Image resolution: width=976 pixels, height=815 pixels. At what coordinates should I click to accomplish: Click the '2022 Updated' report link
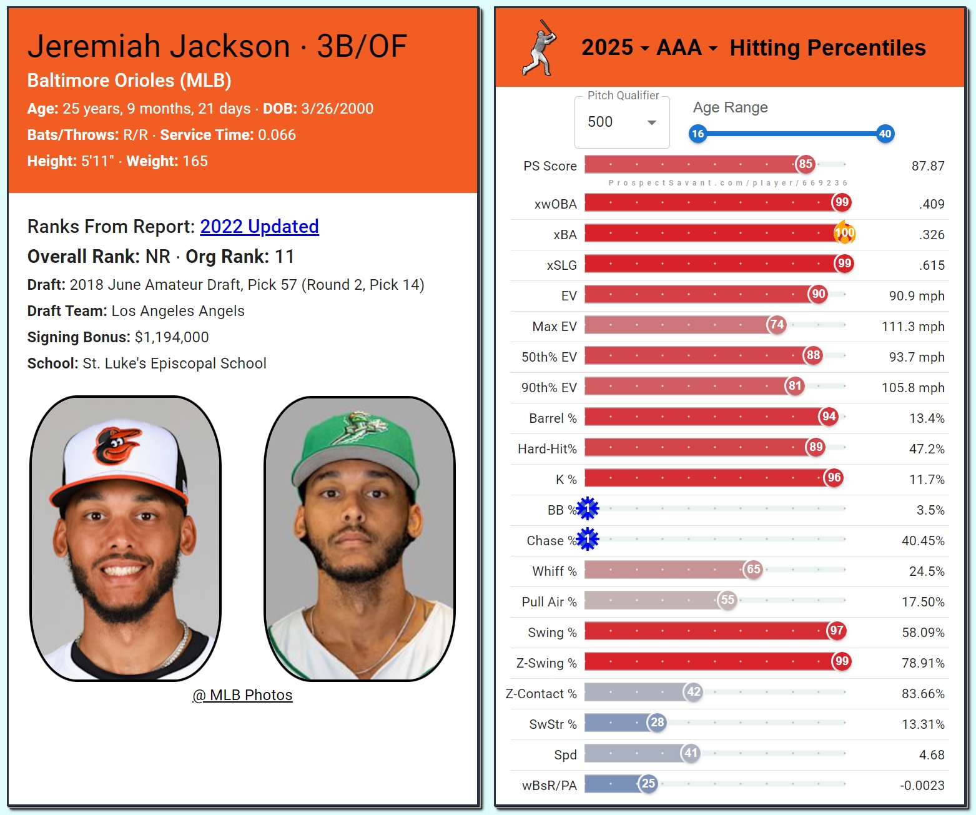(259, 226)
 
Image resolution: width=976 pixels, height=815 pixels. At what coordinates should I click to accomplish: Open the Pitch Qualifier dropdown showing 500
(621, 122)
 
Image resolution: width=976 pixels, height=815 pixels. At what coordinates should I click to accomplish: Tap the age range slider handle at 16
(697, 134)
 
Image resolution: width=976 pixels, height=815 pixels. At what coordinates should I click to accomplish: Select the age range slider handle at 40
(885, 134)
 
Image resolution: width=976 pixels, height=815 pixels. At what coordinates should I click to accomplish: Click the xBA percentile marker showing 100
(844, 233)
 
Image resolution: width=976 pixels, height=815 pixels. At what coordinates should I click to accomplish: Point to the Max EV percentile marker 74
(777, 325)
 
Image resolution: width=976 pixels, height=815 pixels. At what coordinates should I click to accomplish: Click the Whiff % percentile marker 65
(754, 570)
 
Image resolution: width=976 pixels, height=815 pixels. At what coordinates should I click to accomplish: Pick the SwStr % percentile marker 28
(657, 723)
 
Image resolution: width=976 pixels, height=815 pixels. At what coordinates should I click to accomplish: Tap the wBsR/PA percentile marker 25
(648, 784)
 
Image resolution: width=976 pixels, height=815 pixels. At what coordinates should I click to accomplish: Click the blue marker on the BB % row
(588, 509)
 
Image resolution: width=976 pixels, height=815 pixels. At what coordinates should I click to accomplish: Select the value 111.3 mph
(912, 327)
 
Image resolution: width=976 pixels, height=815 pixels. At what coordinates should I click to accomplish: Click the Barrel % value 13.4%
(927, 418)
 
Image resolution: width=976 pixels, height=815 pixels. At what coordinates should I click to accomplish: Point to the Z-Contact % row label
(541, 694)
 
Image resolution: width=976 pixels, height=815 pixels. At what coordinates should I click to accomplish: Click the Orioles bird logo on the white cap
(117, 445)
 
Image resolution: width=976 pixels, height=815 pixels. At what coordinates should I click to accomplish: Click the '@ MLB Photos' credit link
(242, 695)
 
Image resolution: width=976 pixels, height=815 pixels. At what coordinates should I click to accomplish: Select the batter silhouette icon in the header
(540, 48)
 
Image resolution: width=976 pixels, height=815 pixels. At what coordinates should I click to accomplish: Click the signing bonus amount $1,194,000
(172, 337)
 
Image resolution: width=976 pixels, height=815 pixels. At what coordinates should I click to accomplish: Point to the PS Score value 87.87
(927, 166)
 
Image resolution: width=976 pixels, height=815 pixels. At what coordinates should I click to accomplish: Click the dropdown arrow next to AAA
(713, 48)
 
